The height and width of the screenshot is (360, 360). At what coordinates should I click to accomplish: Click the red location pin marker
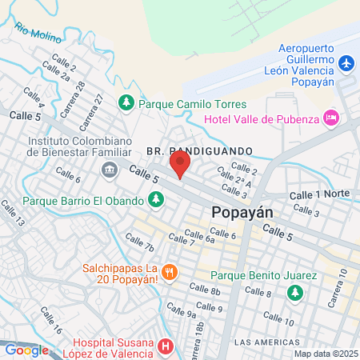click(180, 166)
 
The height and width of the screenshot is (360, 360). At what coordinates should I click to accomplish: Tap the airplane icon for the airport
click(346, 62)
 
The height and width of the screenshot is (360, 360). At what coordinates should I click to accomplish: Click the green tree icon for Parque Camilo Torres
click(126, 102)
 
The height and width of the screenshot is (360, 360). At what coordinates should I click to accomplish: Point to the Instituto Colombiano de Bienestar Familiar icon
click(109, 169)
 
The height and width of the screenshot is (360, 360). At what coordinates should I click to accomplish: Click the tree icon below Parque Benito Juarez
click(295, 293)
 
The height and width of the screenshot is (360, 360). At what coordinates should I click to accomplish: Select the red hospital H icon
click(166, 346)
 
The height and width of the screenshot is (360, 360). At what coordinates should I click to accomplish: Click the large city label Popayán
click(243, 213)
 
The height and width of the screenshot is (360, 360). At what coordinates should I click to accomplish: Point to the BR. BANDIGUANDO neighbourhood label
click(199, 150)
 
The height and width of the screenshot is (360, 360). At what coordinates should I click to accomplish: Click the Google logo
click(26, 350)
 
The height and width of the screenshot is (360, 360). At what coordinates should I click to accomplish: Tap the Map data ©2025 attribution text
click(324, 353)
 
